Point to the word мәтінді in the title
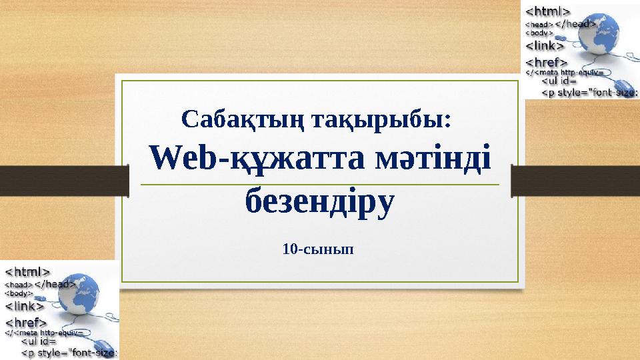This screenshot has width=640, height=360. [431, 159]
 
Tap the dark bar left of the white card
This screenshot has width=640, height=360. [63, 178]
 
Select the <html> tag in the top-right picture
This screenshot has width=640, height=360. [548, 11]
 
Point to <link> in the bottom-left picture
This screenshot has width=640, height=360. [25, 306]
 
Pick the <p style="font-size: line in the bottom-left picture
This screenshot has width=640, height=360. [70, 353]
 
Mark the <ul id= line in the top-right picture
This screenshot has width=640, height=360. [564, 83]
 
